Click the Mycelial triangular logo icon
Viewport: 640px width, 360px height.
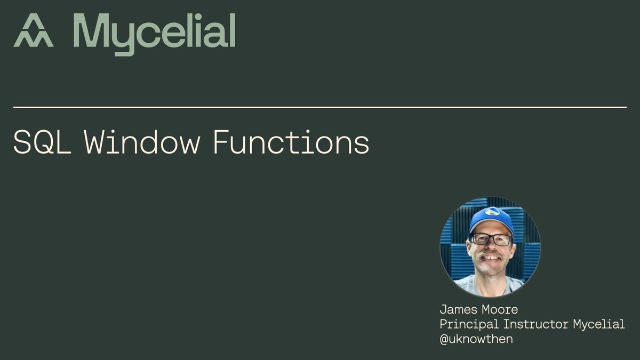33,30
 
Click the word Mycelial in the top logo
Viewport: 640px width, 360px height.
154,33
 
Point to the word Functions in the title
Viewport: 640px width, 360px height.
291,142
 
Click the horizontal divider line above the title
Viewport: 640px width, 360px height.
320,107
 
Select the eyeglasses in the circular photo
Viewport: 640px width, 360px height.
490,239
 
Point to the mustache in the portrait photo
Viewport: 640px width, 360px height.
490,257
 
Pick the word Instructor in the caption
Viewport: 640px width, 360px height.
534,324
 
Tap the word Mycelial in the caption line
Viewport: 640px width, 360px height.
598,324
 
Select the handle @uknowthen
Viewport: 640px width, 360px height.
476,339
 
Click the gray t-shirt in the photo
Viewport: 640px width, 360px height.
490,285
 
